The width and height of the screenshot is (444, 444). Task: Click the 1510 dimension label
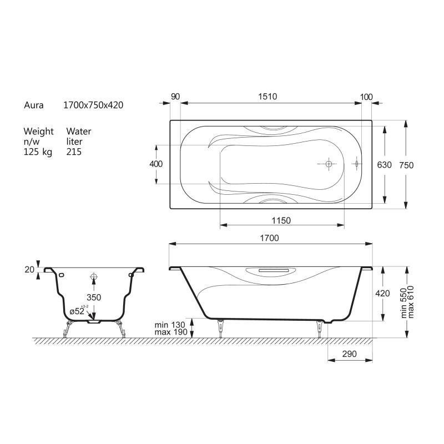pos(268,97)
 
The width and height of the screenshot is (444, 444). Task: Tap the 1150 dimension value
pos(281,220)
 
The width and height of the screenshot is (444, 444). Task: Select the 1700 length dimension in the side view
pos(269,238)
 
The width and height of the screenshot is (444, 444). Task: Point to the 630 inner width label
pos(384,165)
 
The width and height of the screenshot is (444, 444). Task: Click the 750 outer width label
pos(406,165)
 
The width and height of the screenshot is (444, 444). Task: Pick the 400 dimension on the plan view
pos(156,164)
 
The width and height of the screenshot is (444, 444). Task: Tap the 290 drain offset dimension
pos(350,354)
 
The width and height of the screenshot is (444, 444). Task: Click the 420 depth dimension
pos(382,294)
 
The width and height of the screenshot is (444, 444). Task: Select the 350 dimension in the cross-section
pos(94,297)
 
